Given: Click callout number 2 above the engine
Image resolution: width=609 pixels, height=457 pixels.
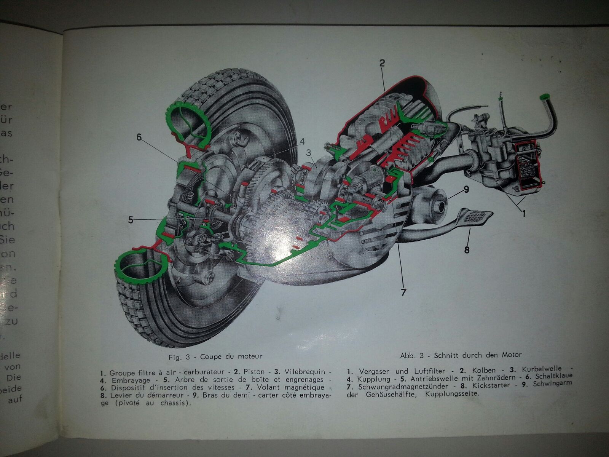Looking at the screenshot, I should (382, 63).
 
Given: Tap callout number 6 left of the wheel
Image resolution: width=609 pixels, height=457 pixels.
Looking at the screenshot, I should (139, 137).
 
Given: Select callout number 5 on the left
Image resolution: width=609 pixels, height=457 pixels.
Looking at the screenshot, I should (131, 220).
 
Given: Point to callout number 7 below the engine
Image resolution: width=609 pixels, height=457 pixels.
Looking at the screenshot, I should (403, 292).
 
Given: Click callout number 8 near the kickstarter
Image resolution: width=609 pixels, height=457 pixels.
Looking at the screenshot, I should (467, 250).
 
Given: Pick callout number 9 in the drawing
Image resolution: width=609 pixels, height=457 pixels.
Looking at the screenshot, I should (466, 189).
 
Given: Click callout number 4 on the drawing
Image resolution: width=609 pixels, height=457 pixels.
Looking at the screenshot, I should (302, 141).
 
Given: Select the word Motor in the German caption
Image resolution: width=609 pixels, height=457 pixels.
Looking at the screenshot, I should (512, 355).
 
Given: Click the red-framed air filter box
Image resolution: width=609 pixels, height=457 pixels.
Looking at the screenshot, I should (526, 165).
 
